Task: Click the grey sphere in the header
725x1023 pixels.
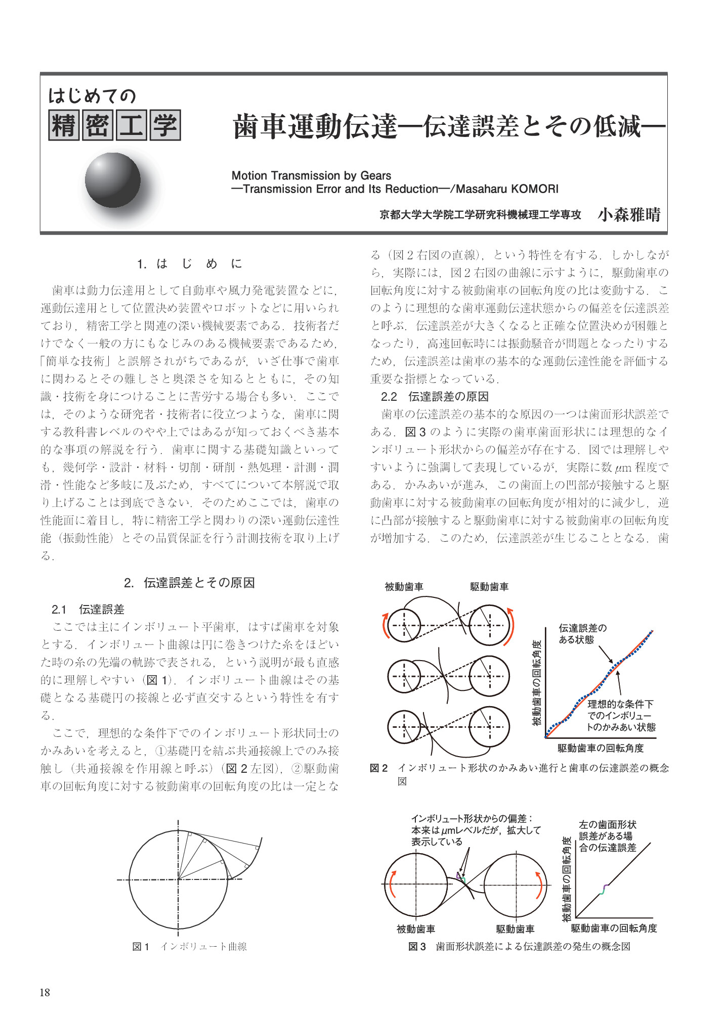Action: click(112, 180)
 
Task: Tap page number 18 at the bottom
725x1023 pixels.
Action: click(45, 992)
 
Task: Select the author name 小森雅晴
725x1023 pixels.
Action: click(629, 215)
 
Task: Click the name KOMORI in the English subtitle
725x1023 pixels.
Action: click(535, 189)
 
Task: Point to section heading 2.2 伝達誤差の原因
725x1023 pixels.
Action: click(435, 397)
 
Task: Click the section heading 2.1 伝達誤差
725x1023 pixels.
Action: click(88, 610)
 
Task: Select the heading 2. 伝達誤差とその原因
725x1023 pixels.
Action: click(189, 583)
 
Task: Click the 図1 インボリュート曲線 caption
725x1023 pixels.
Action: click(189, 947)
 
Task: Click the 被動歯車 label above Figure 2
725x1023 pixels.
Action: click(404, 587)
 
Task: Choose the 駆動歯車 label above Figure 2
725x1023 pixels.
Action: click(489, 587)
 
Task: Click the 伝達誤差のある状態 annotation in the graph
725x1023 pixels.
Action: click(582, 634)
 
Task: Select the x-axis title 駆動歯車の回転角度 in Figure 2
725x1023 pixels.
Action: click(601, 748)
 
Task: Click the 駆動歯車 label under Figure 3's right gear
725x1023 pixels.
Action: click(515, 929)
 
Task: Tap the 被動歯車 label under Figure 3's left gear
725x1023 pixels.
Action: click(415, 929)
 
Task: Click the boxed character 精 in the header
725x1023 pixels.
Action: click(64, 125)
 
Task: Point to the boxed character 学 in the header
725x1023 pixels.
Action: click(165, 125)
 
